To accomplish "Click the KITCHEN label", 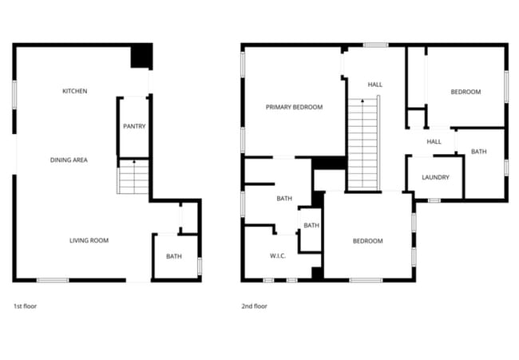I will [74, 91].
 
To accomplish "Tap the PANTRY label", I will [134, 126].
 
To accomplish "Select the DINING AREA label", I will [69, 160].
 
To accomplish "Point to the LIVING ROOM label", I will [89, 240].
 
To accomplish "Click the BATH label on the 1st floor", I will [174, 256].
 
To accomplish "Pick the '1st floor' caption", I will [25, 306].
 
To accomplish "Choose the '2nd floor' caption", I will [254, 306].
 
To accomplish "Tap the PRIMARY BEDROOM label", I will [294, 106].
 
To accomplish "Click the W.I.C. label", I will [278, 256].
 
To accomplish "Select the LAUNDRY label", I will [435, 177].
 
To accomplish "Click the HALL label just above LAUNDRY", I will [434, 141].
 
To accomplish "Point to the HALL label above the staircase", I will [374, 84].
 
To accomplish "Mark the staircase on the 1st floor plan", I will [134, 176].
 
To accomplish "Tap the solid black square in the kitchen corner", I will [141, 57].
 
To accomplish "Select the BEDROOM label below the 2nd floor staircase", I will [367, 241].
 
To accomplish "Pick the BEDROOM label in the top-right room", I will [466, 92].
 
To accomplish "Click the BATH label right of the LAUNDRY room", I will [478, 152].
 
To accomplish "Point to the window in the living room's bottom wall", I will [53, 280].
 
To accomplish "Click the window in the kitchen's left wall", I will [14, 91].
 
